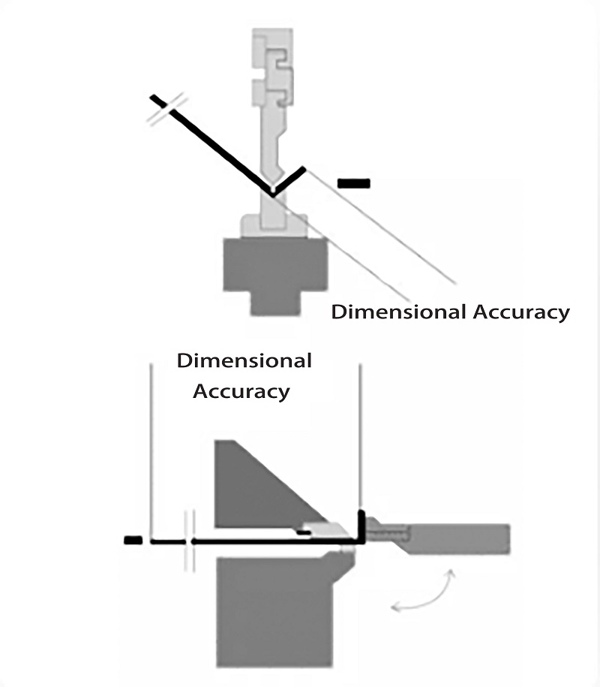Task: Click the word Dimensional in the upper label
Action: [398, 312]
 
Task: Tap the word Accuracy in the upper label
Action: [520, 312]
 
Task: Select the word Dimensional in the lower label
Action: [244, 360]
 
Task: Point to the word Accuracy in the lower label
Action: [241, 391]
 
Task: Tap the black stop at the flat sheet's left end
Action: [133, 540]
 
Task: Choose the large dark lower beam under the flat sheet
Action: [274, 608]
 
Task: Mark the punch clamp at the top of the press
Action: [271, 68]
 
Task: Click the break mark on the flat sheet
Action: [189, 540]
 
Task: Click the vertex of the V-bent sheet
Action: [273, 194]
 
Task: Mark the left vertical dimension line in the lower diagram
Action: [151, 450]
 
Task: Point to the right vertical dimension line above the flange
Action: [361, 435]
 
